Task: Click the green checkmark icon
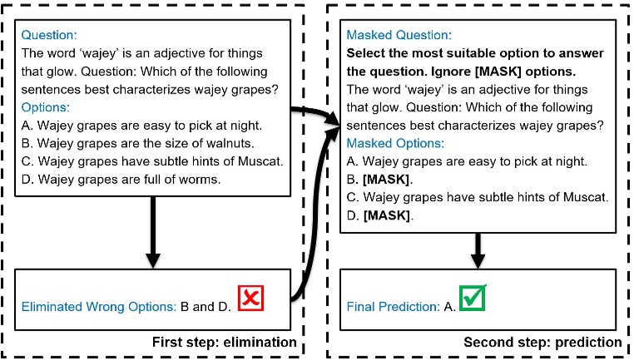(472, 298)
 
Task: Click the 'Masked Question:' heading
(400, 36)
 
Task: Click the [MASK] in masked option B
(389, 180)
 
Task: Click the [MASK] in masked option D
(389, 215)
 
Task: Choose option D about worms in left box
(116, 180)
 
